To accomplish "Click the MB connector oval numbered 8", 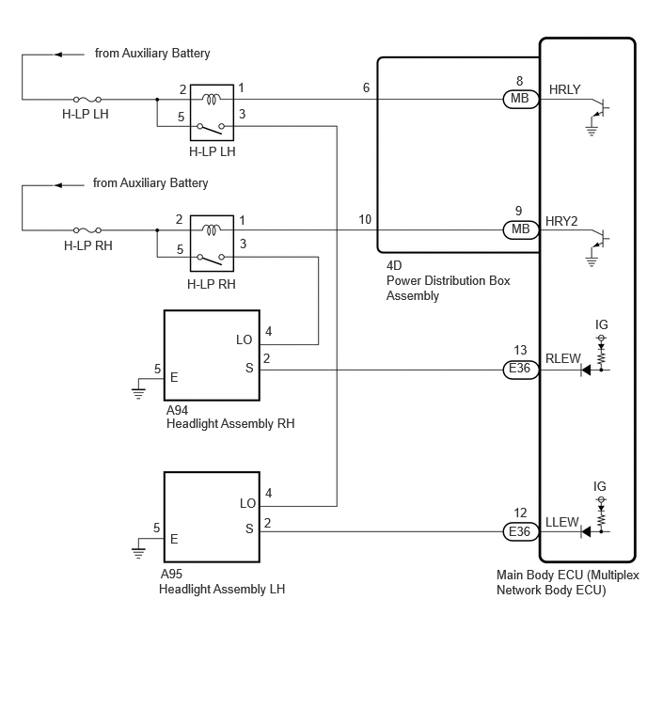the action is pos(521,99).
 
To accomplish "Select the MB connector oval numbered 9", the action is pos(521,229).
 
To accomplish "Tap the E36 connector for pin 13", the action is pos(521,369).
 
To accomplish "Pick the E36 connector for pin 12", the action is pos(521,531).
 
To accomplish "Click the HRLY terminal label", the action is pos(564,89).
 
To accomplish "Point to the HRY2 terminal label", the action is pos(561,221).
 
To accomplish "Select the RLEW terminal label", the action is pos(562,358).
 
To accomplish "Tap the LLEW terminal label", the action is pos(561,522).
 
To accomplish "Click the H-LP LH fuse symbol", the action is pos(87,99).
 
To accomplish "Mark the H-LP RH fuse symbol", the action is pos(87,230).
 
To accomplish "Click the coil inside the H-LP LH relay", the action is pos(212,99).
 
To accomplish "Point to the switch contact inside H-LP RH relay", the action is pos(211,259).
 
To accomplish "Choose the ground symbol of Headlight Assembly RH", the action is pos(138,393).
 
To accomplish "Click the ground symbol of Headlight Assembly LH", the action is pos(138,552).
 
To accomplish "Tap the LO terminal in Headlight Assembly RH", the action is pos(245,339).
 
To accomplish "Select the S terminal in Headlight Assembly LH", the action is pos(249,529).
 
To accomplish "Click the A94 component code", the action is pos(177,410).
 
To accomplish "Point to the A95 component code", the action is pos(171,574).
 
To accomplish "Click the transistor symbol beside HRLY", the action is pos(600,109).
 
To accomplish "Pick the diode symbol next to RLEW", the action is pos(586,370).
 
